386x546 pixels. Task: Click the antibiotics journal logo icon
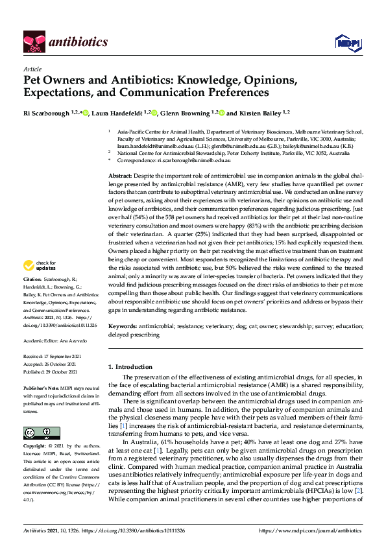pos(34,42)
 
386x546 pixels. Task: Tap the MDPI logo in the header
pos(346,43)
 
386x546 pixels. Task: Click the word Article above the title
pos(32,69)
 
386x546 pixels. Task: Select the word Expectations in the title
pos(54,93)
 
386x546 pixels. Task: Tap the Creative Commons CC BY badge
pos(37,433)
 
